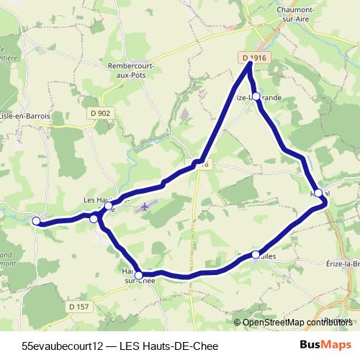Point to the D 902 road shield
pos(101,113)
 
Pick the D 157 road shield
pos(80,307)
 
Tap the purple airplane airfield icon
pos(145,207)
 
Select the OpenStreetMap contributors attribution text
pos(295,322)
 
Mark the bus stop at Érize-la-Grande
pos(255,96)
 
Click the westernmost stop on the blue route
pos(37,222)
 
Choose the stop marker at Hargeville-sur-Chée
pos(139,274)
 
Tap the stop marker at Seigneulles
pos(256,254)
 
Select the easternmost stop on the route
pos(318,194)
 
